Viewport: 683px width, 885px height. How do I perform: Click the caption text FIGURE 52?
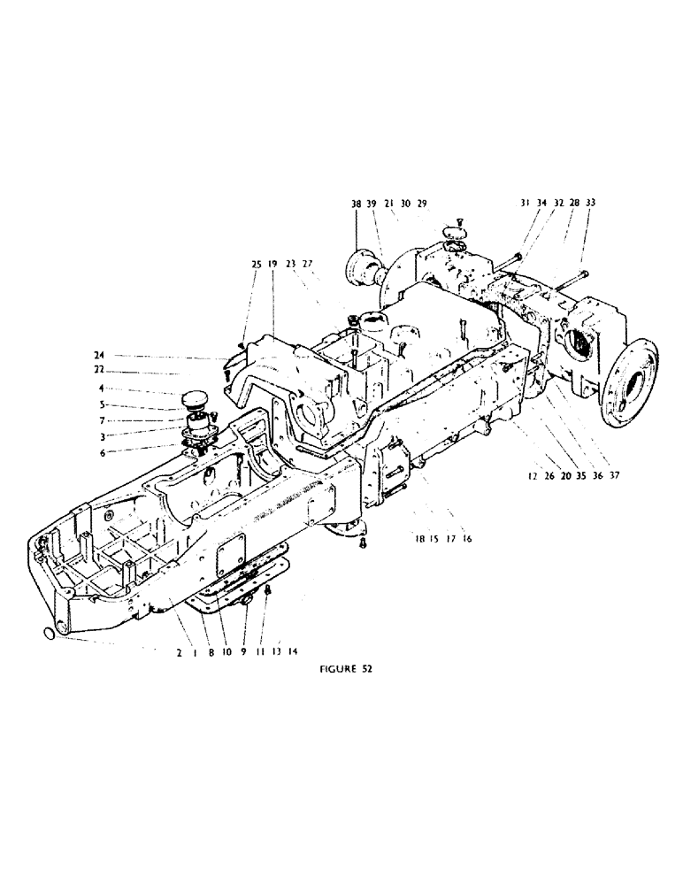click(344, 669)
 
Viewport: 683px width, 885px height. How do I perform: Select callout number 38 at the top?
click(356, 204)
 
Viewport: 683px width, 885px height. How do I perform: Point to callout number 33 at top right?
click(590, 204)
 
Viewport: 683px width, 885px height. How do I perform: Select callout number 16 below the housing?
click(467, 537)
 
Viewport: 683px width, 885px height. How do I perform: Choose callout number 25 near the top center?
click(257, 264)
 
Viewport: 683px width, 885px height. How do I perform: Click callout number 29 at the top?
click(422, 204)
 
